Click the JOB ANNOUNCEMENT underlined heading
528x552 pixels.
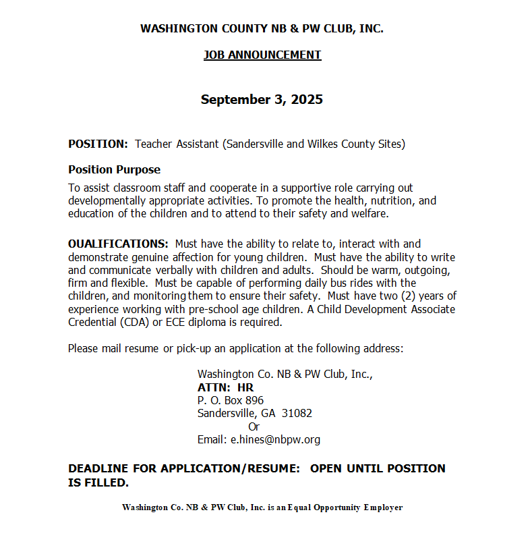click(x=262, y=55)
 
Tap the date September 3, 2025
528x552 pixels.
click(x=262, y=100)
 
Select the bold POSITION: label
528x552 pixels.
click(x=98, y=144)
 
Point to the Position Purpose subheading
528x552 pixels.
click(x=114, y=169)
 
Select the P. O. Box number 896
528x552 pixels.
click(x=254, y=400)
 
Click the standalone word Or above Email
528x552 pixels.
click(x=254, y=426)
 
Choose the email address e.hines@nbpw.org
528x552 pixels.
click(x=275, y=439)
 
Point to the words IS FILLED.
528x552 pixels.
click(x=98, y=482)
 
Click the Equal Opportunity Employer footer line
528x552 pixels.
click(x=262, y=507)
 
